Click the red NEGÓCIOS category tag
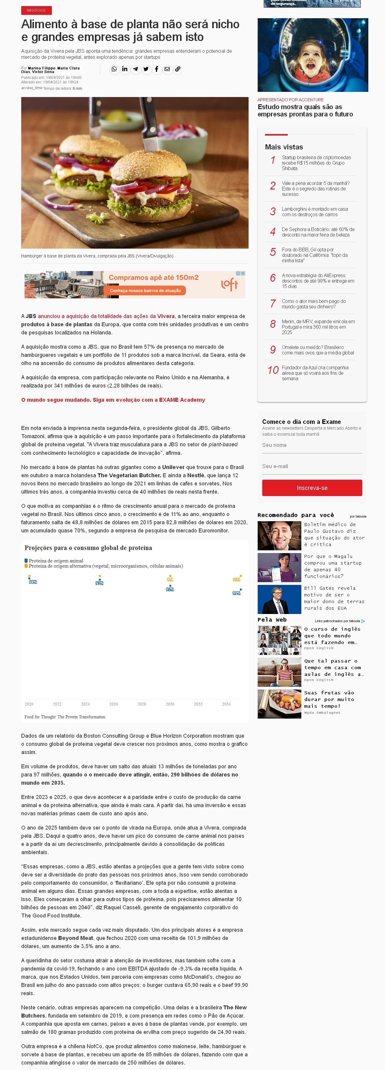[36, 10]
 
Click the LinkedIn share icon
[125, 69]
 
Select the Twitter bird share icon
[146, 69]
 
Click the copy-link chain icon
[178, 69]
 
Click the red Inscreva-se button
[312, 488]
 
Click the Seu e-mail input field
[312, 466]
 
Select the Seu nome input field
[312, 445]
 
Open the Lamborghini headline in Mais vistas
[315, 212]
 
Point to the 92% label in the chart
[170, 589]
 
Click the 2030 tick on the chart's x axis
[170, 704]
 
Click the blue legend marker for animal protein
[26, 561]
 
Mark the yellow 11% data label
[236, 579]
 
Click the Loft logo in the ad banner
[229, 284]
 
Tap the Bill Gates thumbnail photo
[279, 599]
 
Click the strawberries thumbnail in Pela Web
[279, 704]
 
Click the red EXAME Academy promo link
[113, 400]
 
